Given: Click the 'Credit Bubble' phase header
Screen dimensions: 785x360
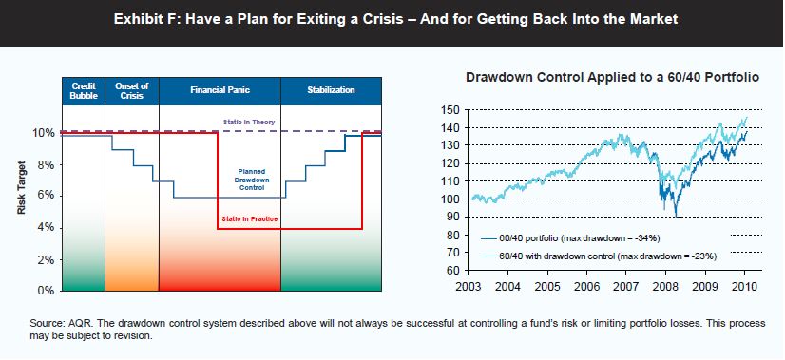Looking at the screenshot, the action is tap(83, 90).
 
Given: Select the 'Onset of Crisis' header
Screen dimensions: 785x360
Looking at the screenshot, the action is tap(132, 90).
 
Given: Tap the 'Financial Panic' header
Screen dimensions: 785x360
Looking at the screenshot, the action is tap(220, 90).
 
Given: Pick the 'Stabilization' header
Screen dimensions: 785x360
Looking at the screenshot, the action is tap(331, 90).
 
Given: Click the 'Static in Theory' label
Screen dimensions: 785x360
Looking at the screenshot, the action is tap(249, 122).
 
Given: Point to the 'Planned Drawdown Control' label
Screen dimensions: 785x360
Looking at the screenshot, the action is tap(251, 179).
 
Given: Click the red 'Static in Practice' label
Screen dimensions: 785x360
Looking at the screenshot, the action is tap(250, 218).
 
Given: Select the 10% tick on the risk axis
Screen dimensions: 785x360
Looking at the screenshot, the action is tap(43, 133).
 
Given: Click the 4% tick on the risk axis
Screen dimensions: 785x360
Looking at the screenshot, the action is tap(46, 228).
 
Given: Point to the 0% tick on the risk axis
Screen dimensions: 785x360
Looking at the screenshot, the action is tap(46, 291).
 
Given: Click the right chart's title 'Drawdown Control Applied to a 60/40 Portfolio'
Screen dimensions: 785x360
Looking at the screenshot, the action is tap(613, 78).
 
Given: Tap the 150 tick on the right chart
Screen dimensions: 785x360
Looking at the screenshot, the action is tap(452, 109).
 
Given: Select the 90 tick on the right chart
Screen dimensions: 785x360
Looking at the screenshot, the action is tap(455, 217).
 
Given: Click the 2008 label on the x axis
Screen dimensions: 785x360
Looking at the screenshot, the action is tap(665, 289).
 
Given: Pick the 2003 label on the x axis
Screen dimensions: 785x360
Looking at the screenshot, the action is tap(469, 289).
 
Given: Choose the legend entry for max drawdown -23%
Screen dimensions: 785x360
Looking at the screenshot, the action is tap(599, 256).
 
